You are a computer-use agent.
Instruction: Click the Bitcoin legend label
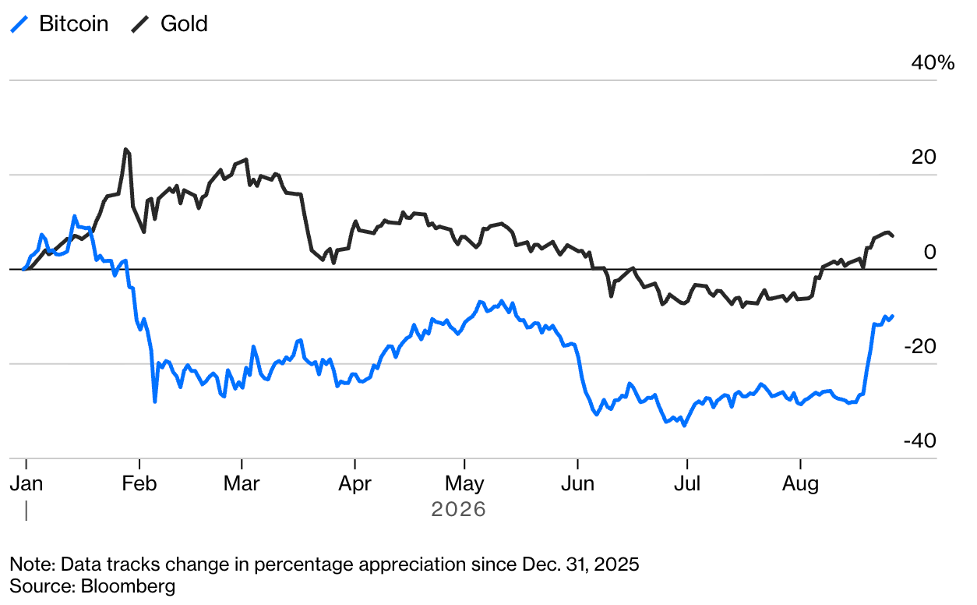click(x=74, y=23)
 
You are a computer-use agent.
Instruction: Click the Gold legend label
click(x=184, y=23)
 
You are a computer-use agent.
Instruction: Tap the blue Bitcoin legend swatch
click(x=19, y=24)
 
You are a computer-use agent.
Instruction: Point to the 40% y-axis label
click(x=933, y=63)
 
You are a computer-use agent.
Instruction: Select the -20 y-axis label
click(x=920, y=346)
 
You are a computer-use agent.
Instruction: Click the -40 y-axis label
click(x=920, y=440)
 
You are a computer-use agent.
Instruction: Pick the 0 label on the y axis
click(x=930, y=252)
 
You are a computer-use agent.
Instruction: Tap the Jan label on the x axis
click(x=26, y=483)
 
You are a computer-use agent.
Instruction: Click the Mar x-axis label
click(x=242, y=483)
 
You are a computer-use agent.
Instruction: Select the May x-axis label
click(x=464, y=484)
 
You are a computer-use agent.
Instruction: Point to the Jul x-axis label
click(x=687, y=483)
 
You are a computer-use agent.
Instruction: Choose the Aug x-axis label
click(x=800, y=484)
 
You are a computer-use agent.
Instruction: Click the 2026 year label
click(x=458, y=509)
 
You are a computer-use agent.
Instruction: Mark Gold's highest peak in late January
click(x=125, y=149)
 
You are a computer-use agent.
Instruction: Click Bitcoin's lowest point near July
click(x=684, y=425)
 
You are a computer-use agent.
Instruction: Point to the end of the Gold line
click(x=893, y=235)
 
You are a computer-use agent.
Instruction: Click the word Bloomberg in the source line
click(x=129, y=586)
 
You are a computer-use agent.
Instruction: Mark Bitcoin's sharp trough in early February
click(x=155, y=402)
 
